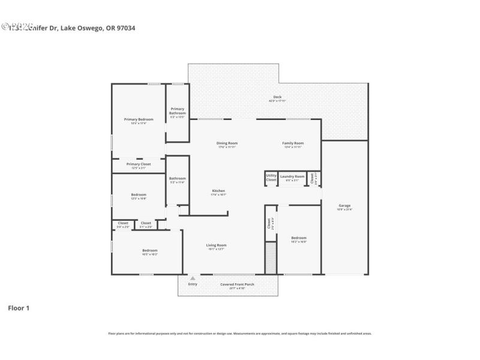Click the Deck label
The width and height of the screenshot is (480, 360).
click(x=277, y=97)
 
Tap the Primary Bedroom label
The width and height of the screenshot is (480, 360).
click(x=139, y=119)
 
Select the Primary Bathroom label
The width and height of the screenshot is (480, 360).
click(x=178, y=111)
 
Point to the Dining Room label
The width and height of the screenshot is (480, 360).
click(x=227, y=143)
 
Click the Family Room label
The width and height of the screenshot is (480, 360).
click(x=293, y=143)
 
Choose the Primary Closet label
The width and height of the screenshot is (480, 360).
click(x=139, y=164)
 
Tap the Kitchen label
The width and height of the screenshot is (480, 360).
click(x=218, y=191)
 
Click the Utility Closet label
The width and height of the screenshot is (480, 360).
click(x=271, y=178)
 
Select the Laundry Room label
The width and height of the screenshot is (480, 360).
click(x=292, y=176)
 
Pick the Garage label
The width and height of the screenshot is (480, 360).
click(x=345, y=206)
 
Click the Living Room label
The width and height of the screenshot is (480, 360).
click(x=217, y=245)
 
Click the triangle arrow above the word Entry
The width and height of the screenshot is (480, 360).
click(x=193, y=278)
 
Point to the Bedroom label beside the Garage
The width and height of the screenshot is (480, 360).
click(x=299, y=238)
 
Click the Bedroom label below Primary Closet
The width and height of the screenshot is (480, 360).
click(x=139, y=195)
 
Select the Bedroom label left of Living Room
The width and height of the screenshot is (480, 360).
click(x=149, y=250)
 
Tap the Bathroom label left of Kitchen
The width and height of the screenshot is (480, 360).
click(x=178, y=178)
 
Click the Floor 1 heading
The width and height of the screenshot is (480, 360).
click(x=18, y=308)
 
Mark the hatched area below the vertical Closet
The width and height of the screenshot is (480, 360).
click(x=271, y=257)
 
